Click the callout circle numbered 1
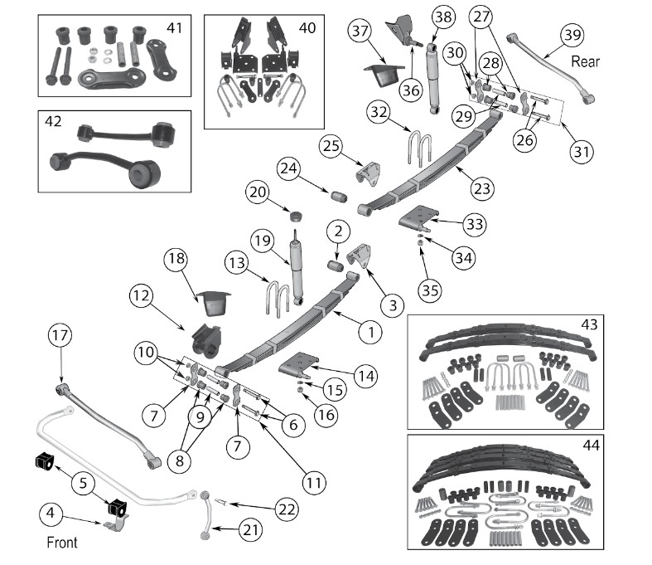click(x=369, y=333)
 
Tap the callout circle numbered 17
click(x=61, y=338)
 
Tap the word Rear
click(x=585, y=61)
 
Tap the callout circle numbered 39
click(x=572, y=36)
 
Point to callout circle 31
click(x=581, y=152)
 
